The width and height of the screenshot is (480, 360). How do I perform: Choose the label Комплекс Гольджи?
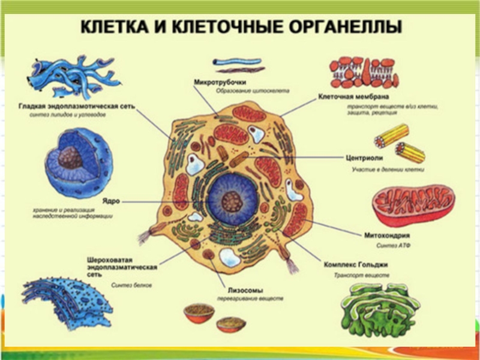point(357,264)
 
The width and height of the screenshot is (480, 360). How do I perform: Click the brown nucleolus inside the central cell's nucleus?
point(232,200)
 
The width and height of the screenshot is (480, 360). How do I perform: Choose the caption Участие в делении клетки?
point(388,170)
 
